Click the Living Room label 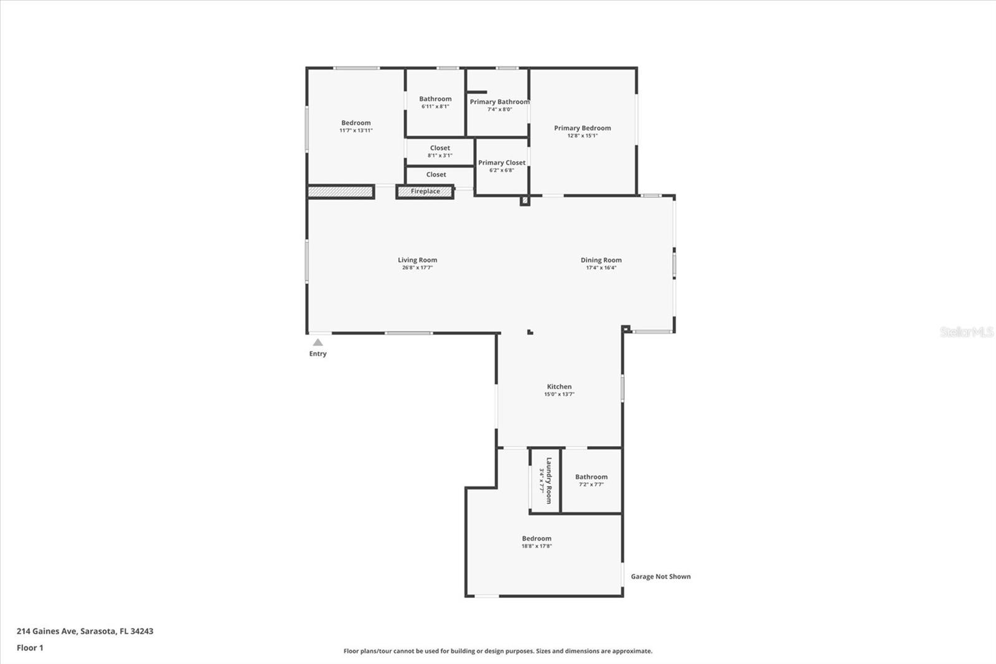coord(417,260)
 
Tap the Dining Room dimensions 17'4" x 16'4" coord(601,268)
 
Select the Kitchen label coord(559,387)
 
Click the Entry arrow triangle coord(318,343)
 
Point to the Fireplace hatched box coord(425,192)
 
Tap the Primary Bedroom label coord(582,128)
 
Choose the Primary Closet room coord(502,166)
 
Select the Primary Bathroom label coord(499,102)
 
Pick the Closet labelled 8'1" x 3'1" coord(439,151)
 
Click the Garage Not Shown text coord(660,577)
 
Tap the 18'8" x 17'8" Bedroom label coord(537,542)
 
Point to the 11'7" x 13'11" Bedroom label coord(355,126)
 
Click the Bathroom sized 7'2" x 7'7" coord(591,480)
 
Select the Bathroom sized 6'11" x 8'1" coord(435,102)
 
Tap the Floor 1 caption coord(30,648)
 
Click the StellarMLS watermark coord(966,332)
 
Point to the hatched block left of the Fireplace coord(341,192)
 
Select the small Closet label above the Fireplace coord(436,175)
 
